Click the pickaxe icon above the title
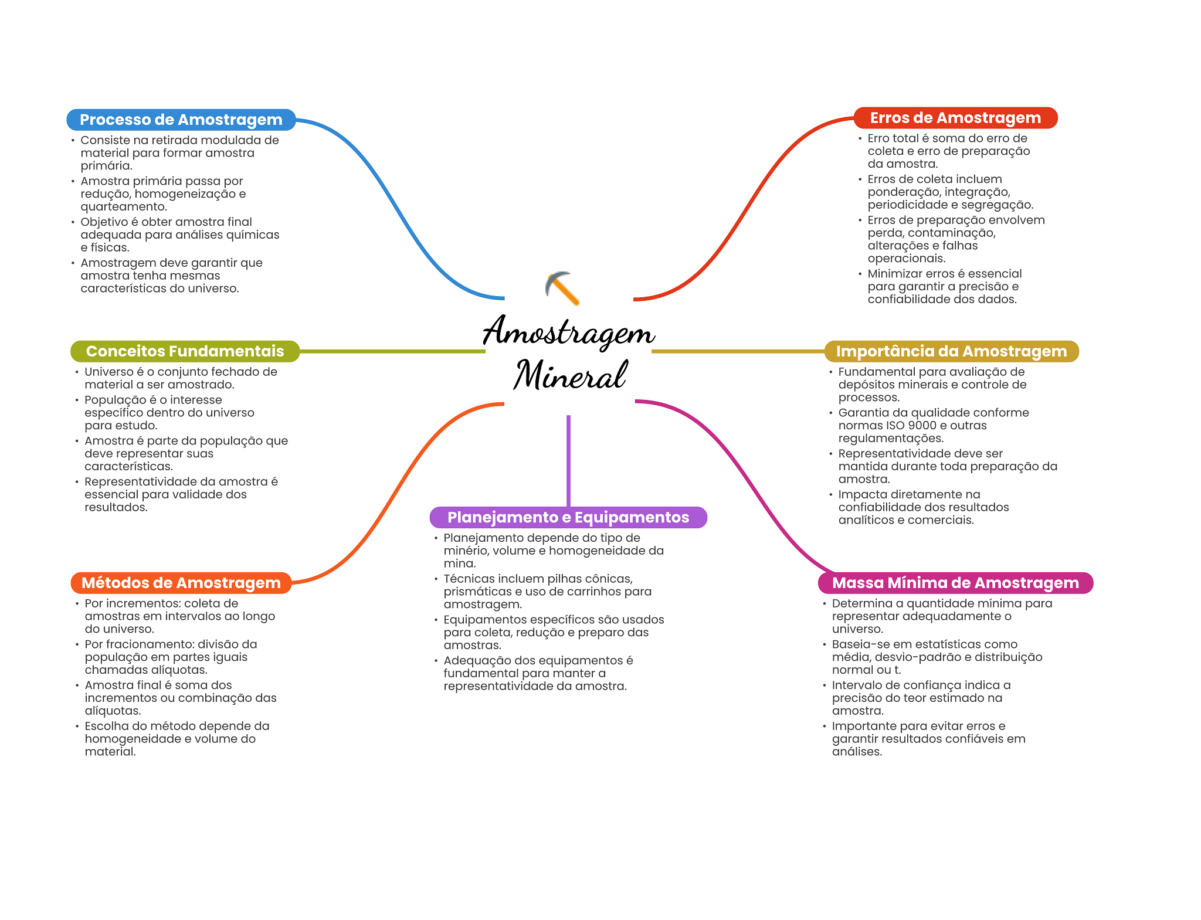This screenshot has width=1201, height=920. [562, 288]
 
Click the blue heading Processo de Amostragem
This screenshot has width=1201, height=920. [181, 120]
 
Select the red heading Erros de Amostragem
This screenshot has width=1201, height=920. [955, 118]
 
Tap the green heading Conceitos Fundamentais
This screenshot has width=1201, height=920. [185, 351]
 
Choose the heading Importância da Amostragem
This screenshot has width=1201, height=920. [951, 351]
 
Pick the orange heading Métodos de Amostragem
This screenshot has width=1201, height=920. [181, 583]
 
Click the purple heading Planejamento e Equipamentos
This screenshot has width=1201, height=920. [568, 517]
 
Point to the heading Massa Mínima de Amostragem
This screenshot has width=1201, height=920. [955, 583]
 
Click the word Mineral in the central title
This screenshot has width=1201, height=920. [570, 375]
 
